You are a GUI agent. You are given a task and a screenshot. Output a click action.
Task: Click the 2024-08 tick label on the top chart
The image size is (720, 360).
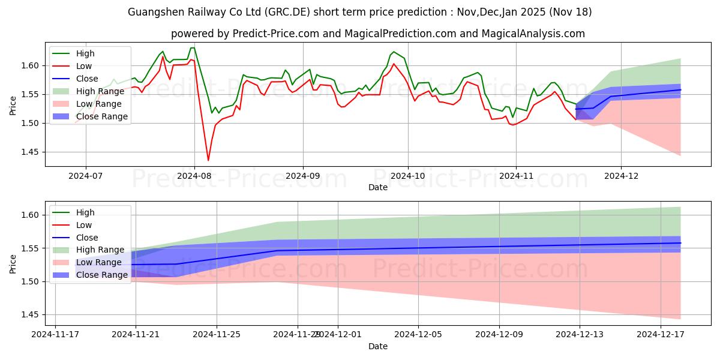tap(194, 176)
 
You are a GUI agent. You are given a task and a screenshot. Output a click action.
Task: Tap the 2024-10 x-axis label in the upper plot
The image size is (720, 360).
tap(408, 176)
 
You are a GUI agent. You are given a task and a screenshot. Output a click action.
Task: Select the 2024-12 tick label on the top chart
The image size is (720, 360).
tap(621, 176)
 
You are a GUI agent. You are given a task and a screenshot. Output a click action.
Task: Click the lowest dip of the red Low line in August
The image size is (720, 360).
tap(208, 160)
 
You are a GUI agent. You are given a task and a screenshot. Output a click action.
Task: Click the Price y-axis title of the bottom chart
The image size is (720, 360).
tap(13, 263)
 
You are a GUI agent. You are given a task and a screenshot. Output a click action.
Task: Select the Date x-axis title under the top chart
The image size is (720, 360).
tap(378, 187)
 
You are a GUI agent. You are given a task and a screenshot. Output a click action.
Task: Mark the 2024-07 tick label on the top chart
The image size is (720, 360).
tap(85, 176)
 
